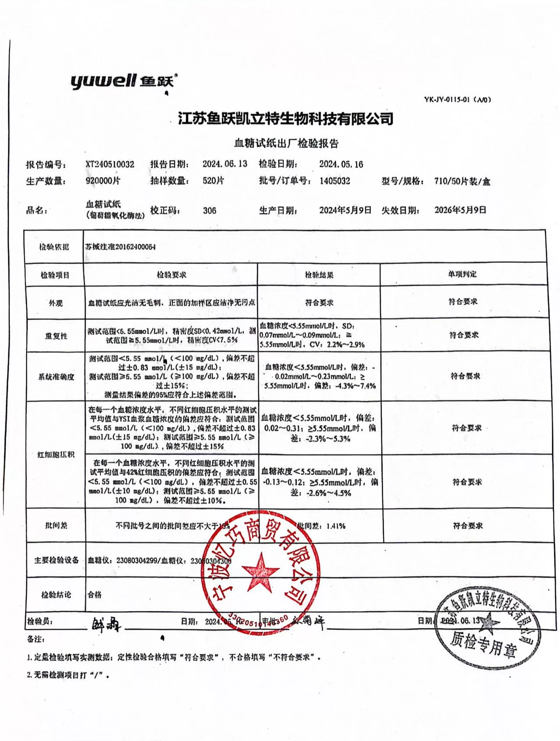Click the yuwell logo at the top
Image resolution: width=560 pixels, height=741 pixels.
pos(124,81)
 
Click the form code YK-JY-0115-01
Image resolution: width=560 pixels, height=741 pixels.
pos(457,100)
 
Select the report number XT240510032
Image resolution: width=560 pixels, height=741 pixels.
pos(110,164)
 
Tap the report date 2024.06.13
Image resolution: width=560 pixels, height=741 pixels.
pos(225,164)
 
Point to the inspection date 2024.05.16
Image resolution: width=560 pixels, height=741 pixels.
pos(341,164)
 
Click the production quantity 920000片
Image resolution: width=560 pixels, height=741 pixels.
pos(103,181)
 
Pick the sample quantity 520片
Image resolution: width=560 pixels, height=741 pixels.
pos(213,181)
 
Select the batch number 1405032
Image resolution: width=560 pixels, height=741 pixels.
pos(335,181)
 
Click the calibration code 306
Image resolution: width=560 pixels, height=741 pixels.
pos(210,211)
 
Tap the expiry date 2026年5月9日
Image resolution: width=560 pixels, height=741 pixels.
pos(460,210)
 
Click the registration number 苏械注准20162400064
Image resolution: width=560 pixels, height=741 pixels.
pos(120,247)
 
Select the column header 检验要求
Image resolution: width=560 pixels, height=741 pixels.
pos(171,275)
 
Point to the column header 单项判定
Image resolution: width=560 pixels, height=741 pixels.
pos(462,274)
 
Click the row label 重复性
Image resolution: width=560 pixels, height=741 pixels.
pos(56,336)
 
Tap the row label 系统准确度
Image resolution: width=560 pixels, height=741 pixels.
pos(56,377)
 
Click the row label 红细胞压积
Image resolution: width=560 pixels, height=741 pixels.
pos(56,454)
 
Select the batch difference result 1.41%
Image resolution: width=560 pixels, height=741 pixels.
pos(336,526)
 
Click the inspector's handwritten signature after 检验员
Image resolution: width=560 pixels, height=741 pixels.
pos(105,624)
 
